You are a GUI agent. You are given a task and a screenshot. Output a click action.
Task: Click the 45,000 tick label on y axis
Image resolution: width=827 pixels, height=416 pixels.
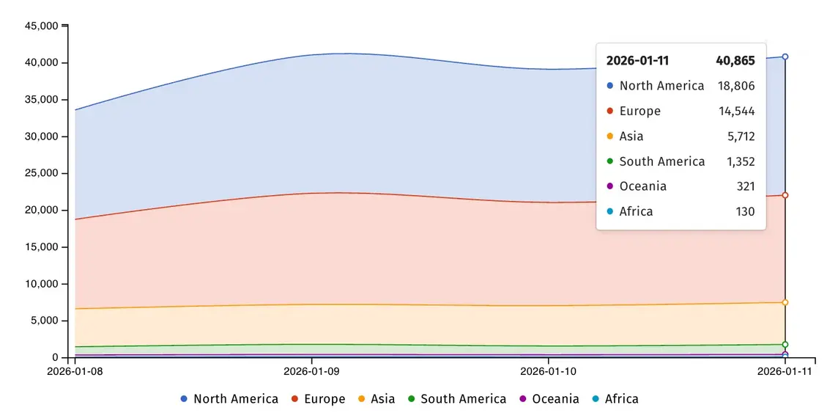click(x=42, y=26)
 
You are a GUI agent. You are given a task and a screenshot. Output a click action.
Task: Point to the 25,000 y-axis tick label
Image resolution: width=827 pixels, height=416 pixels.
click(x=42, y=173)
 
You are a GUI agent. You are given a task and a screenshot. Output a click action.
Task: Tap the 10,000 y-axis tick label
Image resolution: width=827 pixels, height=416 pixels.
click(x=42, y=284)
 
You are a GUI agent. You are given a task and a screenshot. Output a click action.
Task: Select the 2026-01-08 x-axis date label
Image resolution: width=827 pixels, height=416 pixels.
click(x=75, y=371)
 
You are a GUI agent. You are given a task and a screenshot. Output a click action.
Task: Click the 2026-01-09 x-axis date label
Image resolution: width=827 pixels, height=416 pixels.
click(x=312, y=371)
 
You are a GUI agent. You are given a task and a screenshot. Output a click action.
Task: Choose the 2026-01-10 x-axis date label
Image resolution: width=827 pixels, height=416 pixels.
click(x=549, y=371)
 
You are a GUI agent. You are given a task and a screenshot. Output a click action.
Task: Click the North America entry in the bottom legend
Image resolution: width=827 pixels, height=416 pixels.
click(x=229, y=398)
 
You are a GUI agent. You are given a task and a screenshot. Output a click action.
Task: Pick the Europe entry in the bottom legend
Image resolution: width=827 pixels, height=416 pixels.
click(x=319, y=398)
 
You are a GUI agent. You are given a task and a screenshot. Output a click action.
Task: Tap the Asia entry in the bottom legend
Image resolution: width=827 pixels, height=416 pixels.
click(x=377, y=398)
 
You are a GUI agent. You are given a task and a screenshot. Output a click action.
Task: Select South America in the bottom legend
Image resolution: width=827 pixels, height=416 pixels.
click(x=457, y=398)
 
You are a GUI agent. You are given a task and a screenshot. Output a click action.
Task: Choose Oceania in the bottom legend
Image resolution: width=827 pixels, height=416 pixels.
click(x=549, y=398)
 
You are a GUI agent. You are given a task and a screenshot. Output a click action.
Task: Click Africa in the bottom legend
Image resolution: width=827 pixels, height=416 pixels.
click(x=615, y=398)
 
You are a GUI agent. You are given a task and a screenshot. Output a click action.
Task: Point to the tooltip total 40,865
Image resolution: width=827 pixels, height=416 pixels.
click(x=735, y=61)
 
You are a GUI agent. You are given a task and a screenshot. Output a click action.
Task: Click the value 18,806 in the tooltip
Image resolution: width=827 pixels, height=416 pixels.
click(x=736, y=86)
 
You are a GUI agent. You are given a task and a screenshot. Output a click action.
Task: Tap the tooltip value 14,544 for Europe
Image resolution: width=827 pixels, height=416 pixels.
click(x=737, y=111)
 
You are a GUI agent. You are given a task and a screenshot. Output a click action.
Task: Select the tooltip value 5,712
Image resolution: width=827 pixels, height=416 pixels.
click(x=741, y=136)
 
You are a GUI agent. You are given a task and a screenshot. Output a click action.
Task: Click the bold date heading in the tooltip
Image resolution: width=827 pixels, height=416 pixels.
click(x=637, y=61)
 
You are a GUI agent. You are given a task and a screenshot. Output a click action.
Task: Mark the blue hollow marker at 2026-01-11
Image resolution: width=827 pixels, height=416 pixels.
click(x=785, y=56)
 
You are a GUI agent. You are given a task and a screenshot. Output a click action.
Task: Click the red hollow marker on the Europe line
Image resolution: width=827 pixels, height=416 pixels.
click(x=785, y=196)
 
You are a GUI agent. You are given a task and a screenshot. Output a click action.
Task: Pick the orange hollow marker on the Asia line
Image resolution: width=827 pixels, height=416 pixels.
click(x=785, y=302)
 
